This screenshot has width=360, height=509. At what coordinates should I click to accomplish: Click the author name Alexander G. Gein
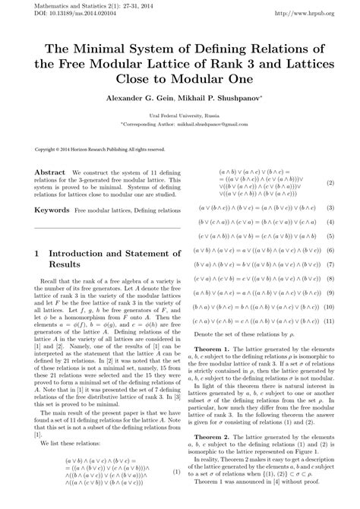tap(140, 98)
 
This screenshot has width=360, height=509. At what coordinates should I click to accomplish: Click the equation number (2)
tap(330, 183)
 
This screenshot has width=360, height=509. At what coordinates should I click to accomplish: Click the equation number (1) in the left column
tap(178, 493)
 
